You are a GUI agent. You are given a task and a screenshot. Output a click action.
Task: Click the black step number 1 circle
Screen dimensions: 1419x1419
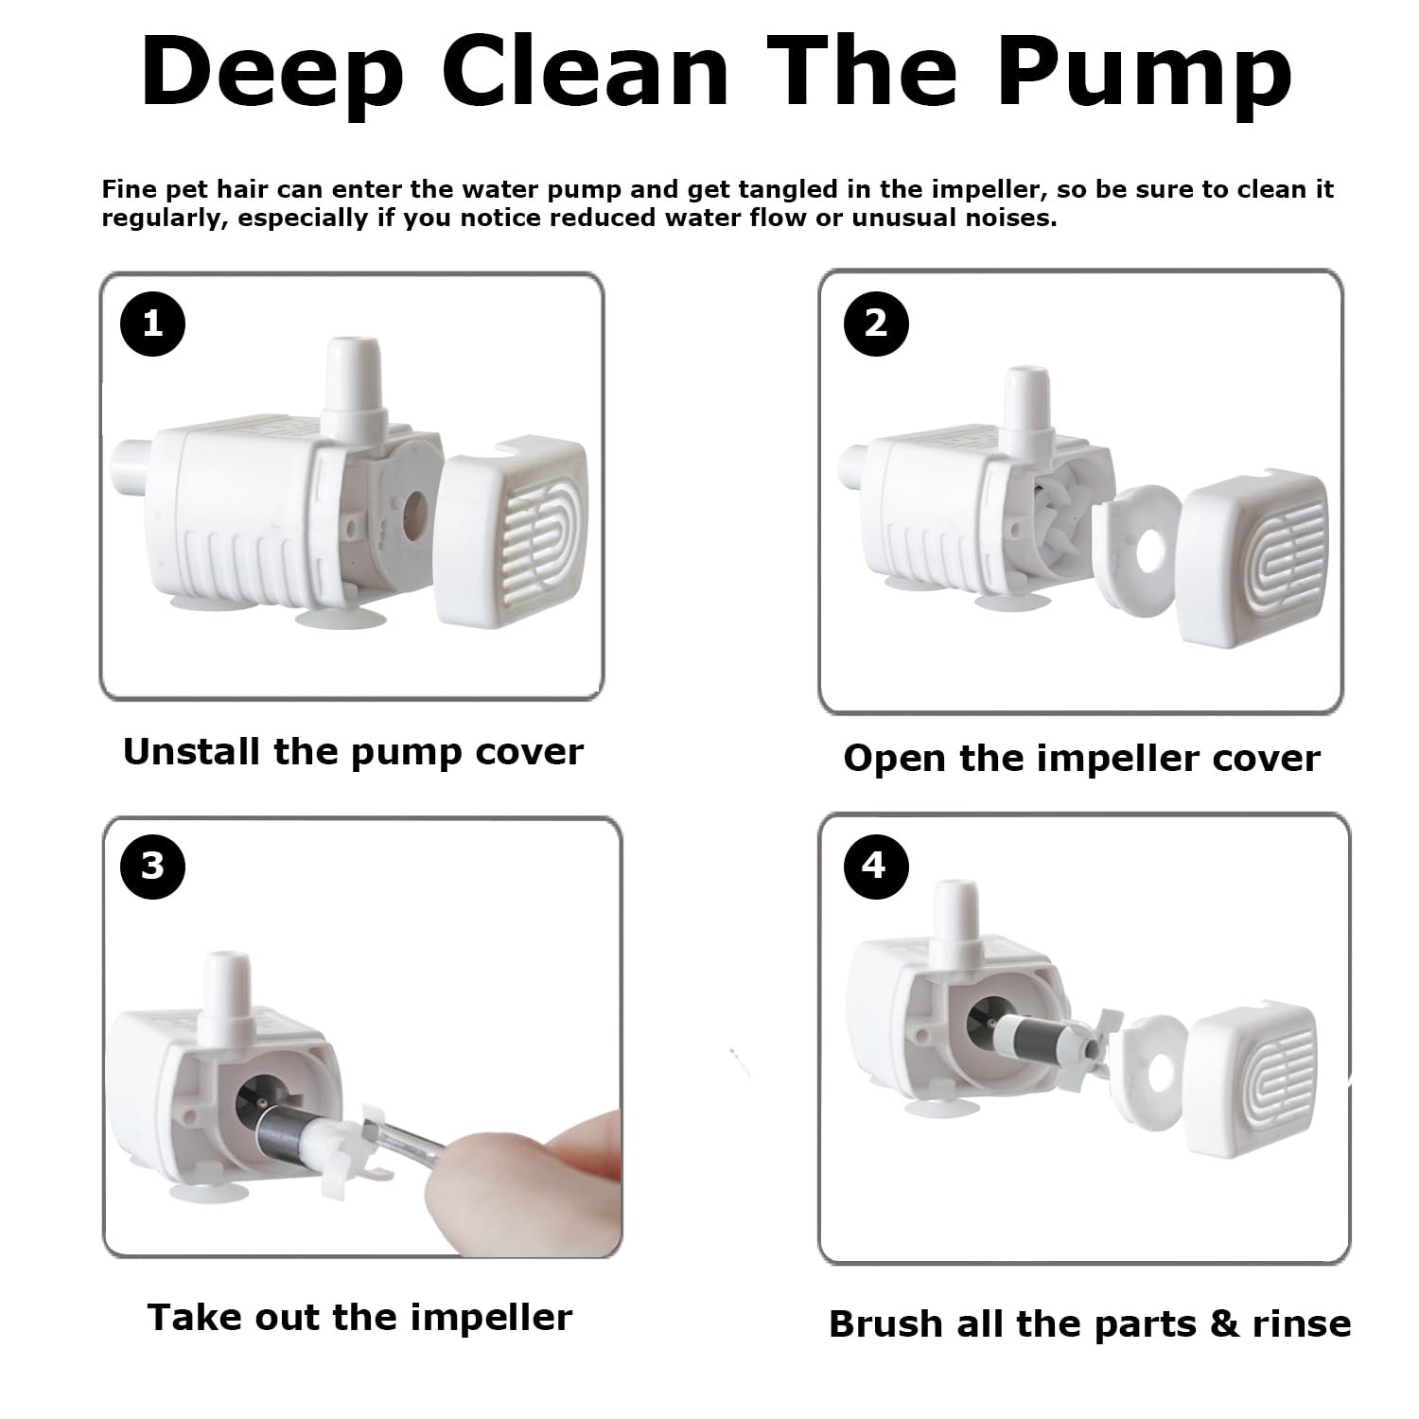pos(152,324)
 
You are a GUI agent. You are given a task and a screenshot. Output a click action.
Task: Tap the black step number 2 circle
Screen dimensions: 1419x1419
pos(876,323)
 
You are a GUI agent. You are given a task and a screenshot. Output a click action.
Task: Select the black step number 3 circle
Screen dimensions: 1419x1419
pos(153,866)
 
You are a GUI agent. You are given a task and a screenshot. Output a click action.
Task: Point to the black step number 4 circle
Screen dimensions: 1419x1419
pos(873,865)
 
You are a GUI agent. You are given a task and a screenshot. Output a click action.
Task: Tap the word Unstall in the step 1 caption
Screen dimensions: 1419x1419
pos(192,751)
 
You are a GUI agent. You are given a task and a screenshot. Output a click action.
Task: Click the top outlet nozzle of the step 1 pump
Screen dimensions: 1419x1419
pos(353,378)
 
